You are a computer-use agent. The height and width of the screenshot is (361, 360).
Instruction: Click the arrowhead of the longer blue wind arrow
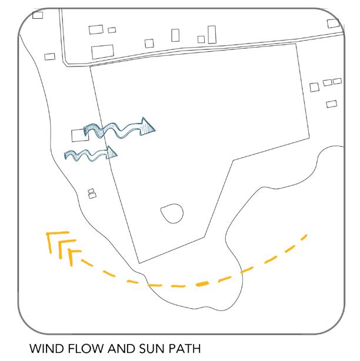pyautogui.click(x=149, y=125)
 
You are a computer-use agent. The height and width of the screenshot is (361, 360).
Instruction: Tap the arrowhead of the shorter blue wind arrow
pyautogui.click(x=112, y=153)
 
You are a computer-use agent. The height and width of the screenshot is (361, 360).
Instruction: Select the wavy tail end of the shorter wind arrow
pyautogui.click(x=68, y=155)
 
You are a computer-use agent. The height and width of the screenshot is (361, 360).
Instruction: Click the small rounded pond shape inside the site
pyautogui.click(x=171, y=212)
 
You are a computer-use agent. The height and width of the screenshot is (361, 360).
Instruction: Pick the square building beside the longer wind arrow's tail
pyautogui.click(x=77, y=135)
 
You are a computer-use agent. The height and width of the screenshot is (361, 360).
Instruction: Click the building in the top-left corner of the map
pyautogui.click(x=38, y=14)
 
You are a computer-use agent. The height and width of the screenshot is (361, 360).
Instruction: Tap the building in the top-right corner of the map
pyautogui.click(x=334, y=24)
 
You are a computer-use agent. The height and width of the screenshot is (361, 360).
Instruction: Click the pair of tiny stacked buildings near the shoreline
pyautogui.click(x=92, y=193)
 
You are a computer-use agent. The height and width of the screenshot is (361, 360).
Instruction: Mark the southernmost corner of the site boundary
pyautogui.click(x=138, y=263)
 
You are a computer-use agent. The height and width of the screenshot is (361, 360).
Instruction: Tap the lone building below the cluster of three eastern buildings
pyautogui.click(x=331, y=103)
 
